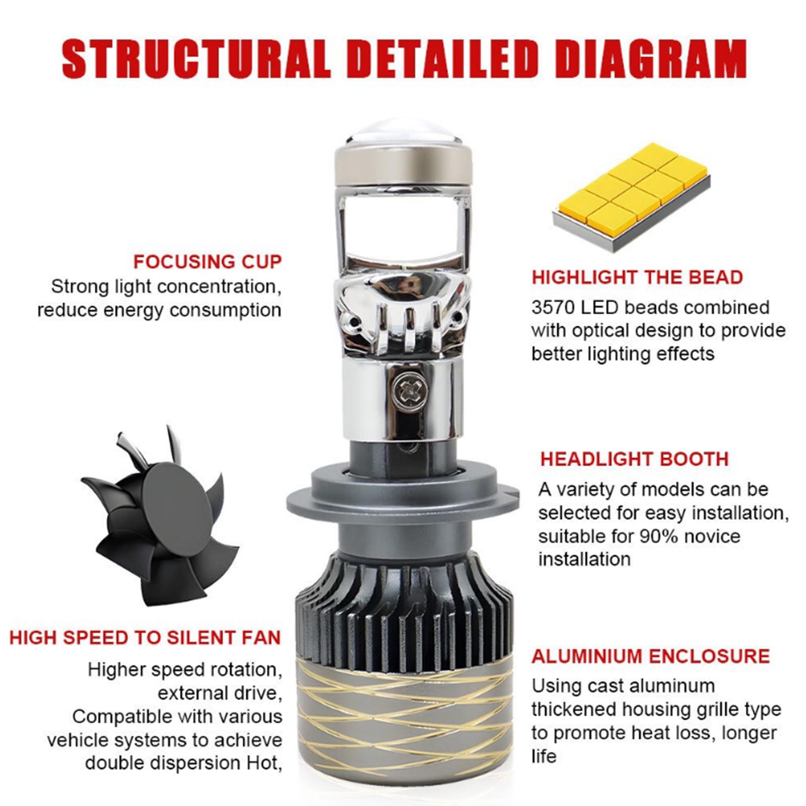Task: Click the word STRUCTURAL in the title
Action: click(196, 59)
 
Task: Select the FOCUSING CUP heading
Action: click(207, 262)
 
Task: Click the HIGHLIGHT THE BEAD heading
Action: click(637, 278)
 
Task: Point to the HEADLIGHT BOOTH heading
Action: click(635, 459)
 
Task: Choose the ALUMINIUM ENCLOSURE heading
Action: click(651, 656)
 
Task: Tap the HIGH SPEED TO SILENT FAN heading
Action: click(145, 638)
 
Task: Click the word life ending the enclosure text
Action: click(544, 756)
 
